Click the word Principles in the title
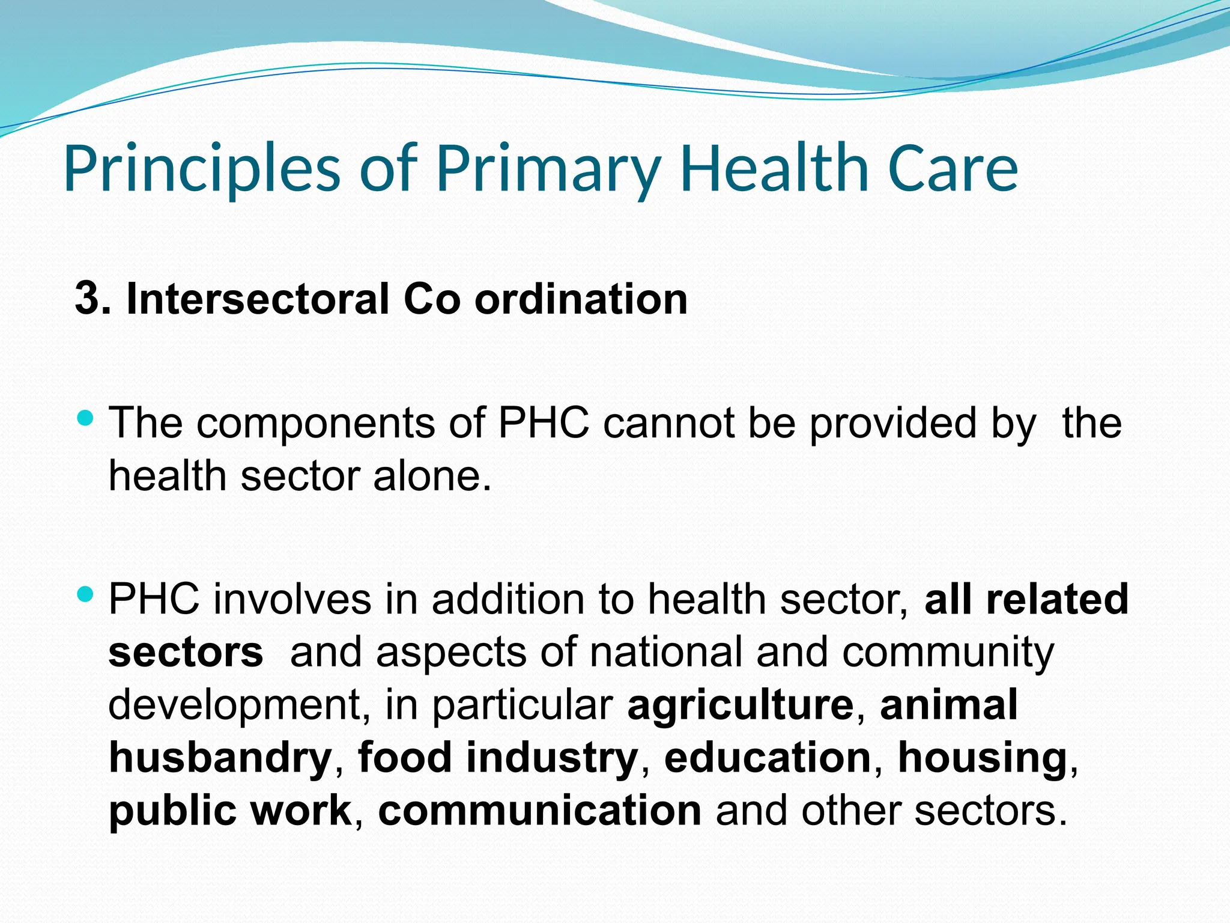pos(202,169)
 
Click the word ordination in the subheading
pos(581,299)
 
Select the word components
pos(316,423)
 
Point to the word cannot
pos(668,423)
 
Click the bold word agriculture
pos(740,705)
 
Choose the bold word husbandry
pos(220,758)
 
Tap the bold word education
pos(768,758)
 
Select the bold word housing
pos(982,758)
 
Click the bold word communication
pos(539,811)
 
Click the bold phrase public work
pos(230,811)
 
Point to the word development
pos(235,705)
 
